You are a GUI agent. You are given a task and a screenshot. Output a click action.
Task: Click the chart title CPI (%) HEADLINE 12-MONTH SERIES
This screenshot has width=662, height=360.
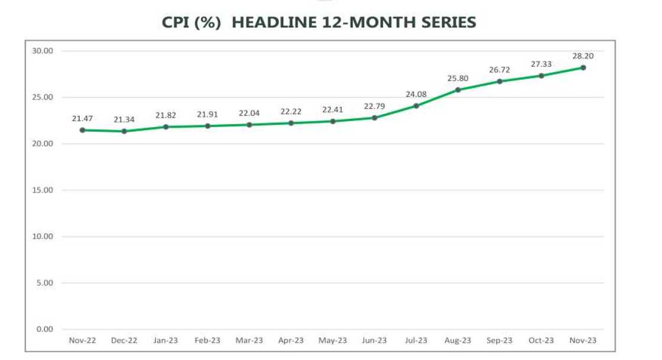click(x=319, y=22)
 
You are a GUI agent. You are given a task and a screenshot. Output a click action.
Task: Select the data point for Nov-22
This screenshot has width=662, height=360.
click(x=82, y=130)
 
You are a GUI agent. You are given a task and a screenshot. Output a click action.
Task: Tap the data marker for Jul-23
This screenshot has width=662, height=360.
click(x=416, y=106)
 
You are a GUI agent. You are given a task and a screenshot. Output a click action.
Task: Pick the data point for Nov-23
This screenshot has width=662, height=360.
click(x=583, y=67)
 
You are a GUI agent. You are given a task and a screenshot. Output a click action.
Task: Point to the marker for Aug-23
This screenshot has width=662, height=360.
click(x=458, y=90)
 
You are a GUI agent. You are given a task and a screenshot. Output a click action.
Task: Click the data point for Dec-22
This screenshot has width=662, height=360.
click(x=124, y=131)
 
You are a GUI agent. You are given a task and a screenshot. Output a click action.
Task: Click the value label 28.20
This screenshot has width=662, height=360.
click(x=583, y=56)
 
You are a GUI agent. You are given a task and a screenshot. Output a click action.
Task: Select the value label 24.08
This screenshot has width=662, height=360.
click(x=416, y=94)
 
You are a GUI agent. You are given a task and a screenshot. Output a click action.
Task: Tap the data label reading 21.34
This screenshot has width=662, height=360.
click(x=124, y=119)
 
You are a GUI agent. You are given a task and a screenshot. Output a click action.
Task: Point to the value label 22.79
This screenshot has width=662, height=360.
click(x=375, y=106)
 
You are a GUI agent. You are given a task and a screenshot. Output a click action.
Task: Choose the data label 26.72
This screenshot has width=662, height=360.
click(x=499, y=70)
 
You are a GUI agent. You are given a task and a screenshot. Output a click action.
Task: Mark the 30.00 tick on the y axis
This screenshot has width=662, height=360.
click(x=43, y=51)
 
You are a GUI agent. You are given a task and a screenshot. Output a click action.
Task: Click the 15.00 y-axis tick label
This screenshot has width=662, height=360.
click(x=43, y=190)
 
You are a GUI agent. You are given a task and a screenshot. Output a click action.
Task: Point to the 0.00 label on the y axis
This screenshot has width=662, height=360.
click(x=44, y=329)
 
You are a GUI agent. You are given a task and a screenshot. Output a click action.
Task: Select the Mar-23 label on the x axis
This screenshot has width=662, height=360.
click(x=249, y=340)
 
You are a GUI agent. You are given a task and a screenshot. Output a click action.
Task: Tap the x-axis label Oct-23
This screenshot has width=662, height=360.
click(x=541, y=340)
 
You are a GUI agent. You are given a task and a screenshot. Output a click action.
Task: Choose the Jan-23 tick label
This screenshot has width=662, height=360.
click(x=165, y=340)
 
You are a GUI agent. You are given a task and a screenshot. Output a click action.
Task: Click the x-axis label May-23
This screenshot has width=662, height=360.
click(x=333, y=340)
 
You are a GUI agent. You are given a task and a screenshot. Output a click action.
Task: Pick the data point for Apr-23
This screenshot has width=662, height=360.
click(x=291, y=123)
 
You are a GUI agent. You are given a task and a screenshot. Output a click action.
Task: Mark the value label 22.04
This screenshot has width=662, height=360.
click(x=249, y=113)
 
